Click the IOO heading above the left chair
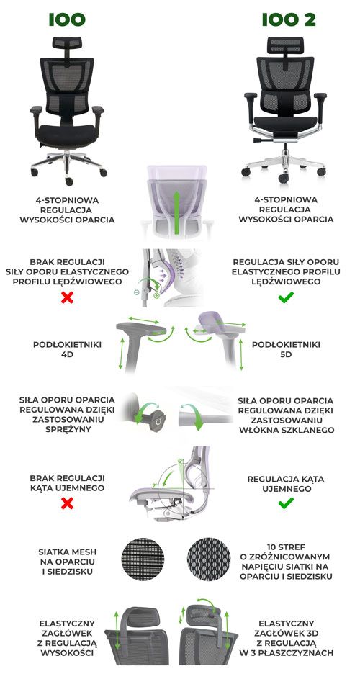click(67, 19)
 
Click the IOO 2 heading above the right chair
click(289, 19)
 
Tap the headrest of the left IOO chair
click(67, 43)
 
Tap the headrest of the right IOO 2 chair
click(285, 45)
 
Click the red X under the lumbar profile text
click(67, 297)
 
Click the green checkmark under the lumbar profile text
click(286, 297)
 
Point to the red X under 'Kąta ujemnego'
click(67, 503)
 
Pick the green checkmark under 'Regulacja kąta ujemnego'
click(286, 503)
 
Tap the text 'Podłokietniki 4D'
click(67, 349)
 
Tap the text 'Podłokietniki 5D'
click(286, 349)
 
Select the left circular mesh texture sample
click(143, 559)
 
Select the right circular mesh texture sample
click(209, 559)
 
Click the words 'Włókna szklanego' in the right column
click(286, 430)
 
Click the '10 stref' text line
click(286, 547)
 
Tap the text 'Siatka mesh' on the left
click(67, 552)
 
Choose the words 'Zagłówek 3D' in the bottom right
click(285, 633)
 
